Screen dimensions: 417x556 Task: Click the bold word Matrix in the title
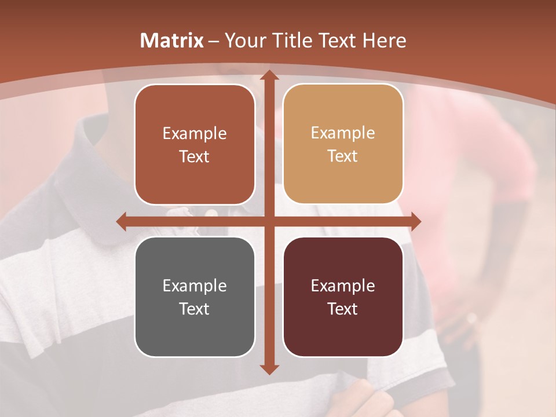pyautogui.click(x=172, y=41)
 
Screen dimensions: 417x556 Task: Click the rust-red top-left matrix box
pyautogui.click(x=195, y=145)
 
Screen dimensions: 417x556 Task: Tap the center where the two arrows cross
pyautogui.click(x=269, y=221)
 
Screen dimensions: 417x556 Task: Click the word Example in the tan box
pyautogui.click(x=343, y=133)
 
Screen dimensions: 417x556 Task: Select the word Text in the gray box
pyautogui.click(x=195, y=309)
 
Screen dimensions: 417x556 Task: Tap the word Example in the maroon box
pyautogui.click(x=343, y=286)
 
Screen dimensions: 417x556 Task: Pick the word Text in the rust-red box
pyautogui.click(x=195, y=156)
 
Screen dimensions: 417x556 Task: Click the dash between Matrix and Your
pyautogui.click(x=214, y=41)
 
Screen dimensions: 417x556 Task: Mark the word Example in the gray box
pyautogui.click(x=195, y=286)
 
